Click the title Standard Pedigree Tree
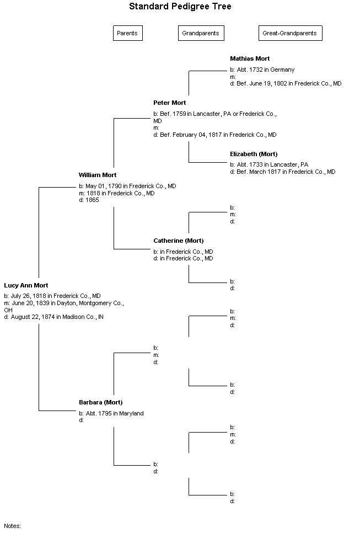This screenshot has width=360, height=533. click(180, 7)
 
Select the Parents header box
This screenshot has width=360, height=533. click(128, 33)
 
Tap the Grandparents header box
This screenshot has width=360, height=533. click(201, 33)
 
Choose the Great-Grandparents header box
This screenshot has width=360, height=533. click(291, 33)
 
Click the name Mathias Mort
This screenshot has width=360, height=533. click(250, 59)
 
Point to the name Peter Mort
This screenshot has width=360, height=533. click(169, 103)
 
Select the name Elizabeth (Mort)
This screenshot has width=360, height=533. click(254, 154)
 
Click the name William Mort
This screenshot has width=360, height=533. click(98, 175)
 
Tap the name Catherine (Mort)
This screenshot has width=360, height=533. click(178, 241)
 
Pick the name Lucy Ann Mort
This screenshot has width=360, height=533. click(26, 286)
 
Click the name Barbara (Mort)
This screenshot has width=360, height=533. click(100, 402)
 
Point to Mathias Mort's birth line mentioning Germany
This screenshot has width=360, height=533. click(262, 70)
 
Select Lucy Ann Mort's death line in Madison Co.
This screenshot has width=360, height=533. click(53, 317)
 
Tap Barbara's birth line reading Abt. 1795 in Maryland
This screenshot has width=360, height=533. click(111, 413)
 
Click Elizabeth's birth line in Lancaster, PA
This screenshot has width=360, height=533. click(269, 164)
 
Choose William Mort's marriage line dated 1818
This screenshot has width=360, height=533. click(116, 193)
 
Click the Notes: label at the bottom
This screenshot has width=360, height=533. click(12, 526)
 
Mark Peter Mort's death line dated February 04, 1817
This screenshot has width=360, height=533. click(215, 135)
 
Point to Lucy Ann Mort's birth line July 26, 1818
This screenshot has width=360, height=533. click(52, 296)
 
